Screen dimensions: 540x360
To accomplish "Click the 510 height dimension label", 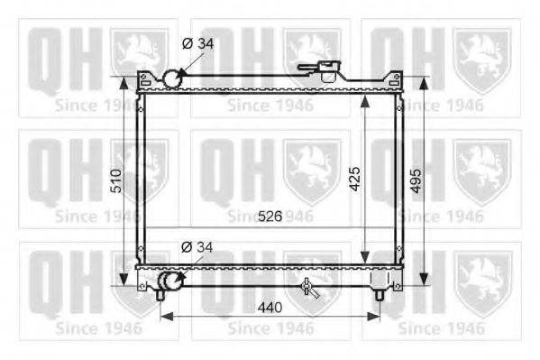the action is pos(116,180).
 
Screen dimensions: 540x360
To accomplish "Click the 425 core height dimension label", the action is pos(354,179).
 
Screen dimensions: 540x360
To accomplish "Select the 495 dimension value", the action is pos(416,180).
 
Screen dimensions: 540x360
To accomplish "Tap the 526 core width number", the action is pos(270,217).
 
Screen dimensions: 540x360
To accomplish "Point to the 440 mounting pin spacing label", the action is pos(270,308).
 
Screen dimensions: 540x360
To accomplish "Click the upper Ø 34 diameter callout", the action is pos(197,43).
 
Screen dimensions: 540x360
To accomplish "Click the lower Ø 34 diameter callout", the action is pos(197,247).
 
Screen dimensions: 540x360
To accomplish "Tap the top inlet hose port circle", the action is pos(171,78).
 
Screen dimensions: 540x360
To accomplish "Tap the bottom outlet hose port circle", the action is pos(169,281).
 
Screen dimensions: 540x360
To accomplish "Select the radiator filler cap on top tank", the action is pos(328,70).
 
